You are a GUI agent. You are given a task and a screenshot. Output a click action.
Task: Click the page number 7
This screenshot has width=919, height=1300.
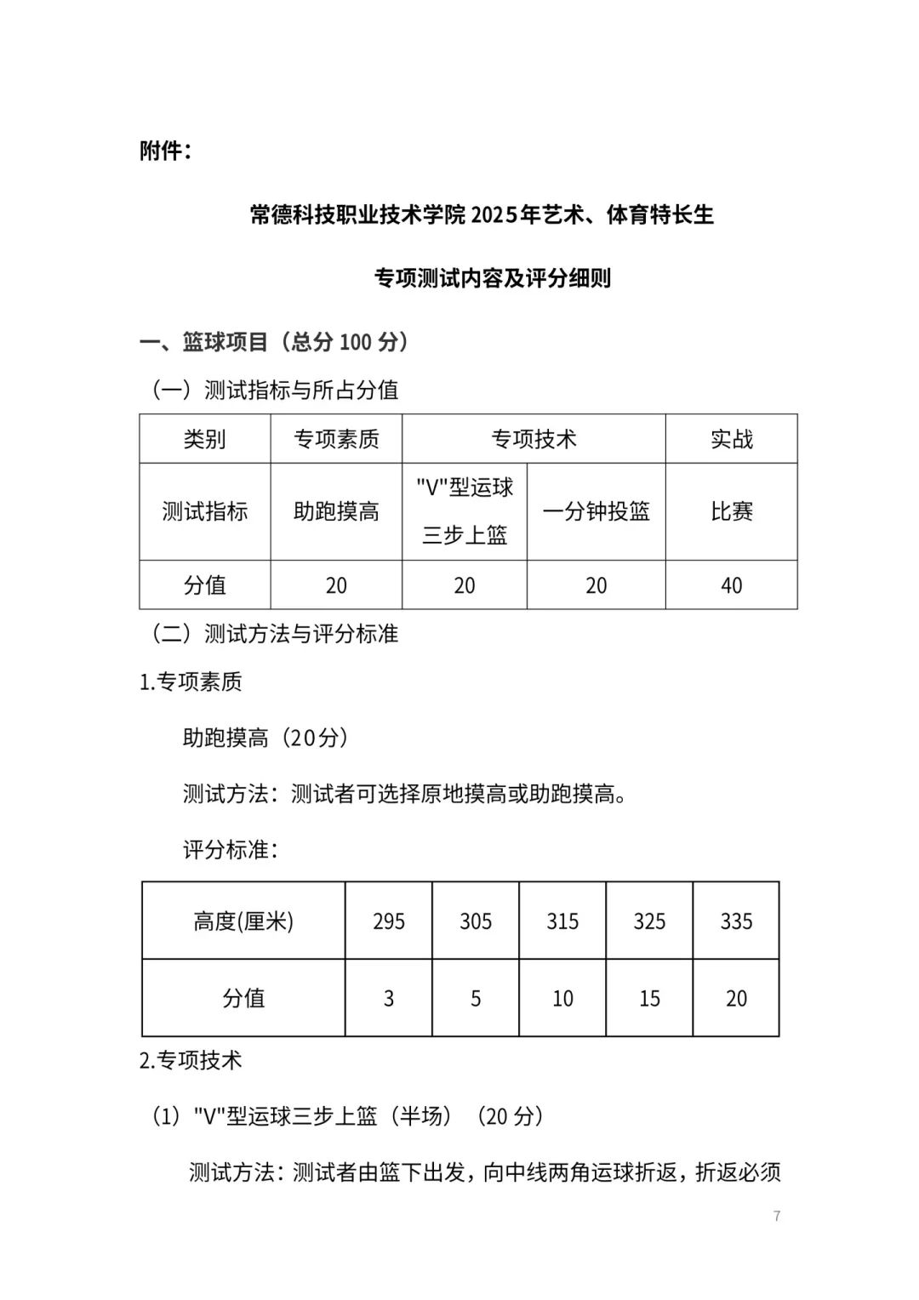click(776, 1216)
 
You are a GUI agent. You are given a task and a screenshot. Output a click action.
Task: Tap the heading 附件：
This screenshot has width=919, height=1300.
click(165, 151)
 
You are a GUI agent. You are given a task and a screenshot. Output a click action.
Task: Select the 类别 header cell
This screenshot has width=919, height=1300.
click(204, 439)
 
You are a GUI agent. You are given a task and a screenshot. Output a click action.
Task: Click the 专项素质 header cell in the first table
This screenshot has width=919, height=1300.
click(336, 439)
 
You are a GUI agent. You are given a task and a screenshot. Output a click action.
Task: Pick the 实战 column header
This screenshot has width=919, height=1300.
click(731, 439)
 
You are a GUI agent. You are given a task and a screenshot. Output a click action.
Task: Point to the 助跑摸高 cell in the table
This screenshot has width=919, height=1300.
click(336, 511)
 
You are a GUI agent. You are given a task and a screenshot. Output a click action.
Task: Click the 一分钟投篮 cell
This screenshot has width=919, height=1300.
click(596, 511)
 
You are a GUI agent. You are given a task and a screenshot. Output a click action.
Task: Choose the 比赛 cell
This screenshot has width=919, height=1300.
click(731, 511)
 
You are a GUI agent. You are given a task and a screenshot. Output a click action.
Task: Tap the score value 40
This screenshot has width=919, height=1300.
click(731, 585)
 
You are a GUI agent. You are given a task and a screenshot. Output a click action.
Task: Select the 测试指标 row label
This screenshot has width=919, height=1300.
click(204, 511)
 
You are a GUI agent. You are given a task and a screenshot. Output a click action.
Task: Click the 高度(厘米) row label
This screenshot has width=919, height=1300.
click(243, 921)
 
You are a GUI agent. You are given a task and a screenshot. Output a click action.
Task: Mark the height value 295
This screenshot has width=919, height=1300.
click(389, 921)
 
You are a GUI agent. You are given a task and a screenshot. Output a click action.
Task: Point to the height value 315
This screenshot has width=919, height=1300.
click(562, 921)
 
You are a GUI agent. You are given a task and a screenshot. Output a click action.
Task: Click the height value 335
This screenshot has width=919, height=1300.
click(736, 921)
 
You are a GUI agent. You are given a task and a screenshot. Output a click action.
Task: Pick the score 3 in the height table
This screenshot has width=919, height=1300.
click(389, 998)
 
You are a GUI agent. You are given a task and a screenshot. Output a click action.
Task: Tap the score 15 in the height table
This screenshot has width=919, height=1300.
click(649, 998)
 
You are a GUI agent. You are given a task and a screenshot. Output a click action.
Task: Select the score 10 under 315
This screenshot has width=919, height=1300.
click(562, 998)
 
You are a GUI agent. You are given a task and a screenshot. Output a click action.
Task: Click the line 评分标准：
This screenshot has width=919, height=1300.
click(230, 850)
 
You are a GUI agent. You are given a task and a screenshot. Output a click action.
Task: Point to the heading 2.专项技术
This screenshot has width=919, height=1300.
click(191, 1060)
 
